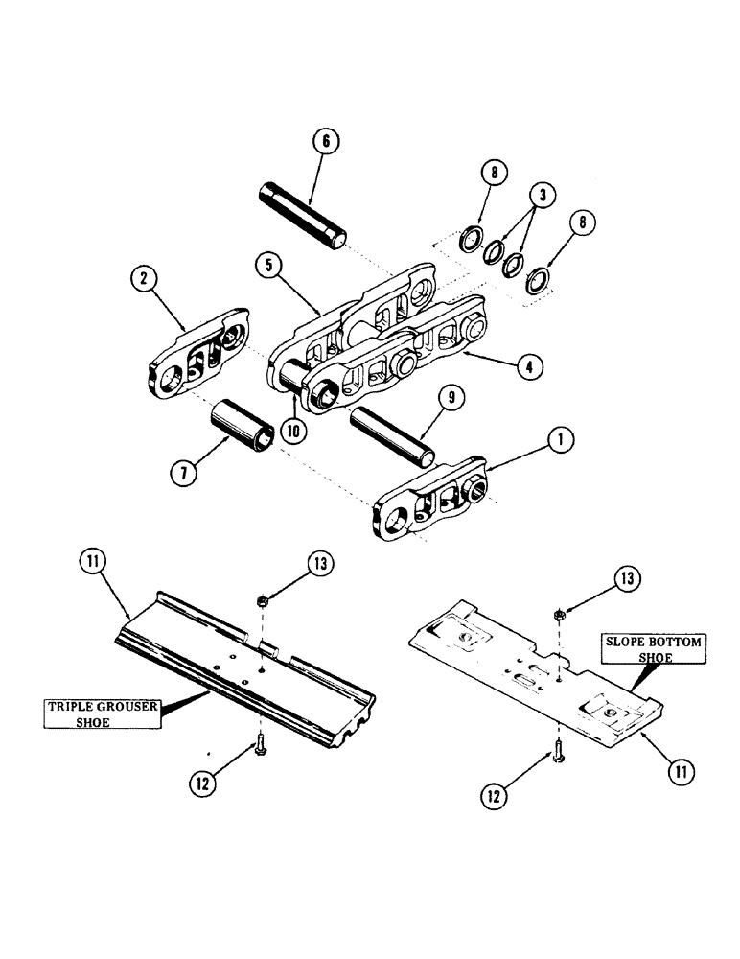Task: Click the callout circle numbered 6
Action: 325,141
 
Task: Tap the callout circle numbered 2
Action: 144,279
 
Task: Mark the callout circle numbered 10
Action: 292,432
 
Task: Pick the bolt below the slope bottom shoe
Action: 558,756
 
